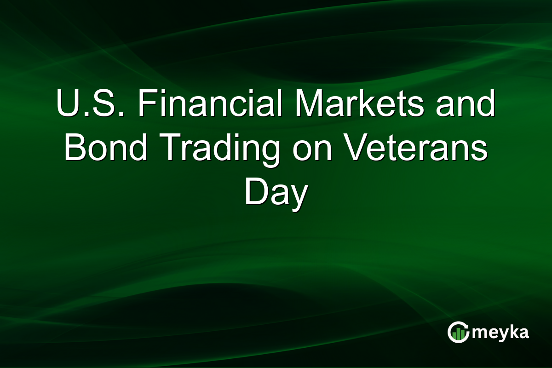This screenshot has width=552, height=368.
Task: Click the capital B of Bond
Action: point(74,148)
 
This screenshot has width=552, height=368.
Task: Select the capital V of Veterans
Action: point(357,148)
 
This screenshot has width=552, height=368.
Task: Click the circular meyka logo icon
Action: point(458,332)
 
